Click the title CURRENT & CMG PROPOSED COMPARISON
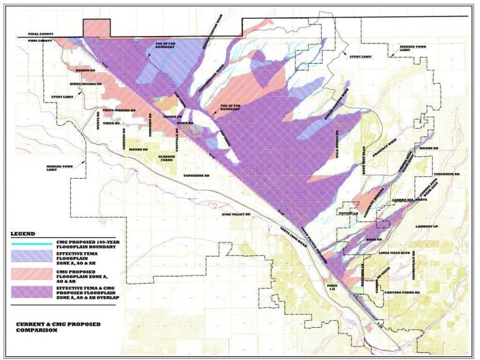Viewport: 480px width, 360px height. pyautogui.click(x=58, y=327)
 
